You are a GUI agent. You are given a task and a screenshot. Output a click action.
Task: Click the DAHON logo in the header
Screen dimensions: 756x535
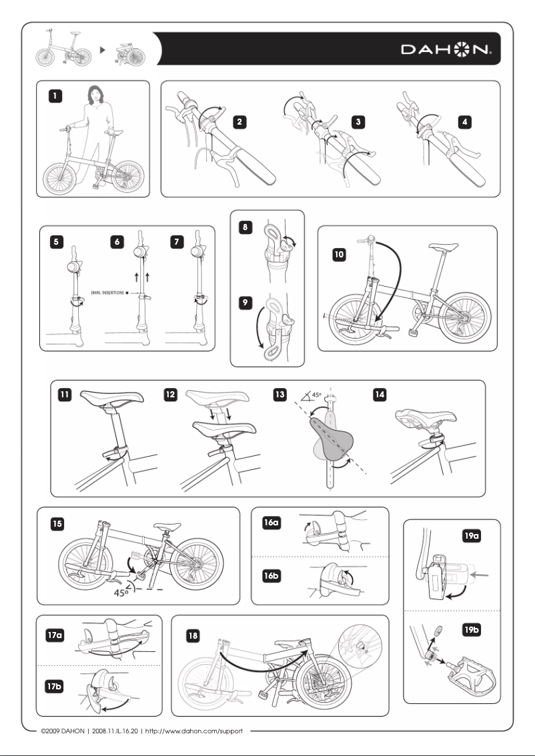point(446,49)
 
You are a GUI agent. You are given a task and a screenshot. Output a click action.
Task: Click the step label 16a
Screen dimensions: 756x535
point(271,523)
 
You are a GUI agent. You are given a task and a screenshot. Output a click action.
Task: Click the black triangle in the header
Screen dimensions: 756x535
point(102,49)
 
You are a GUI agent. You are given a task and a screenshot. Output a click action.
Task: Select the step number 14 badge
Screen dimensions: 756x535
point(380,394)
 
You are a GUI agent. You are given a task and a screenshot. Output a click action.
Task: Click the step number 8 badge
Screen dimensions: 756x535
point(245,227)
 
